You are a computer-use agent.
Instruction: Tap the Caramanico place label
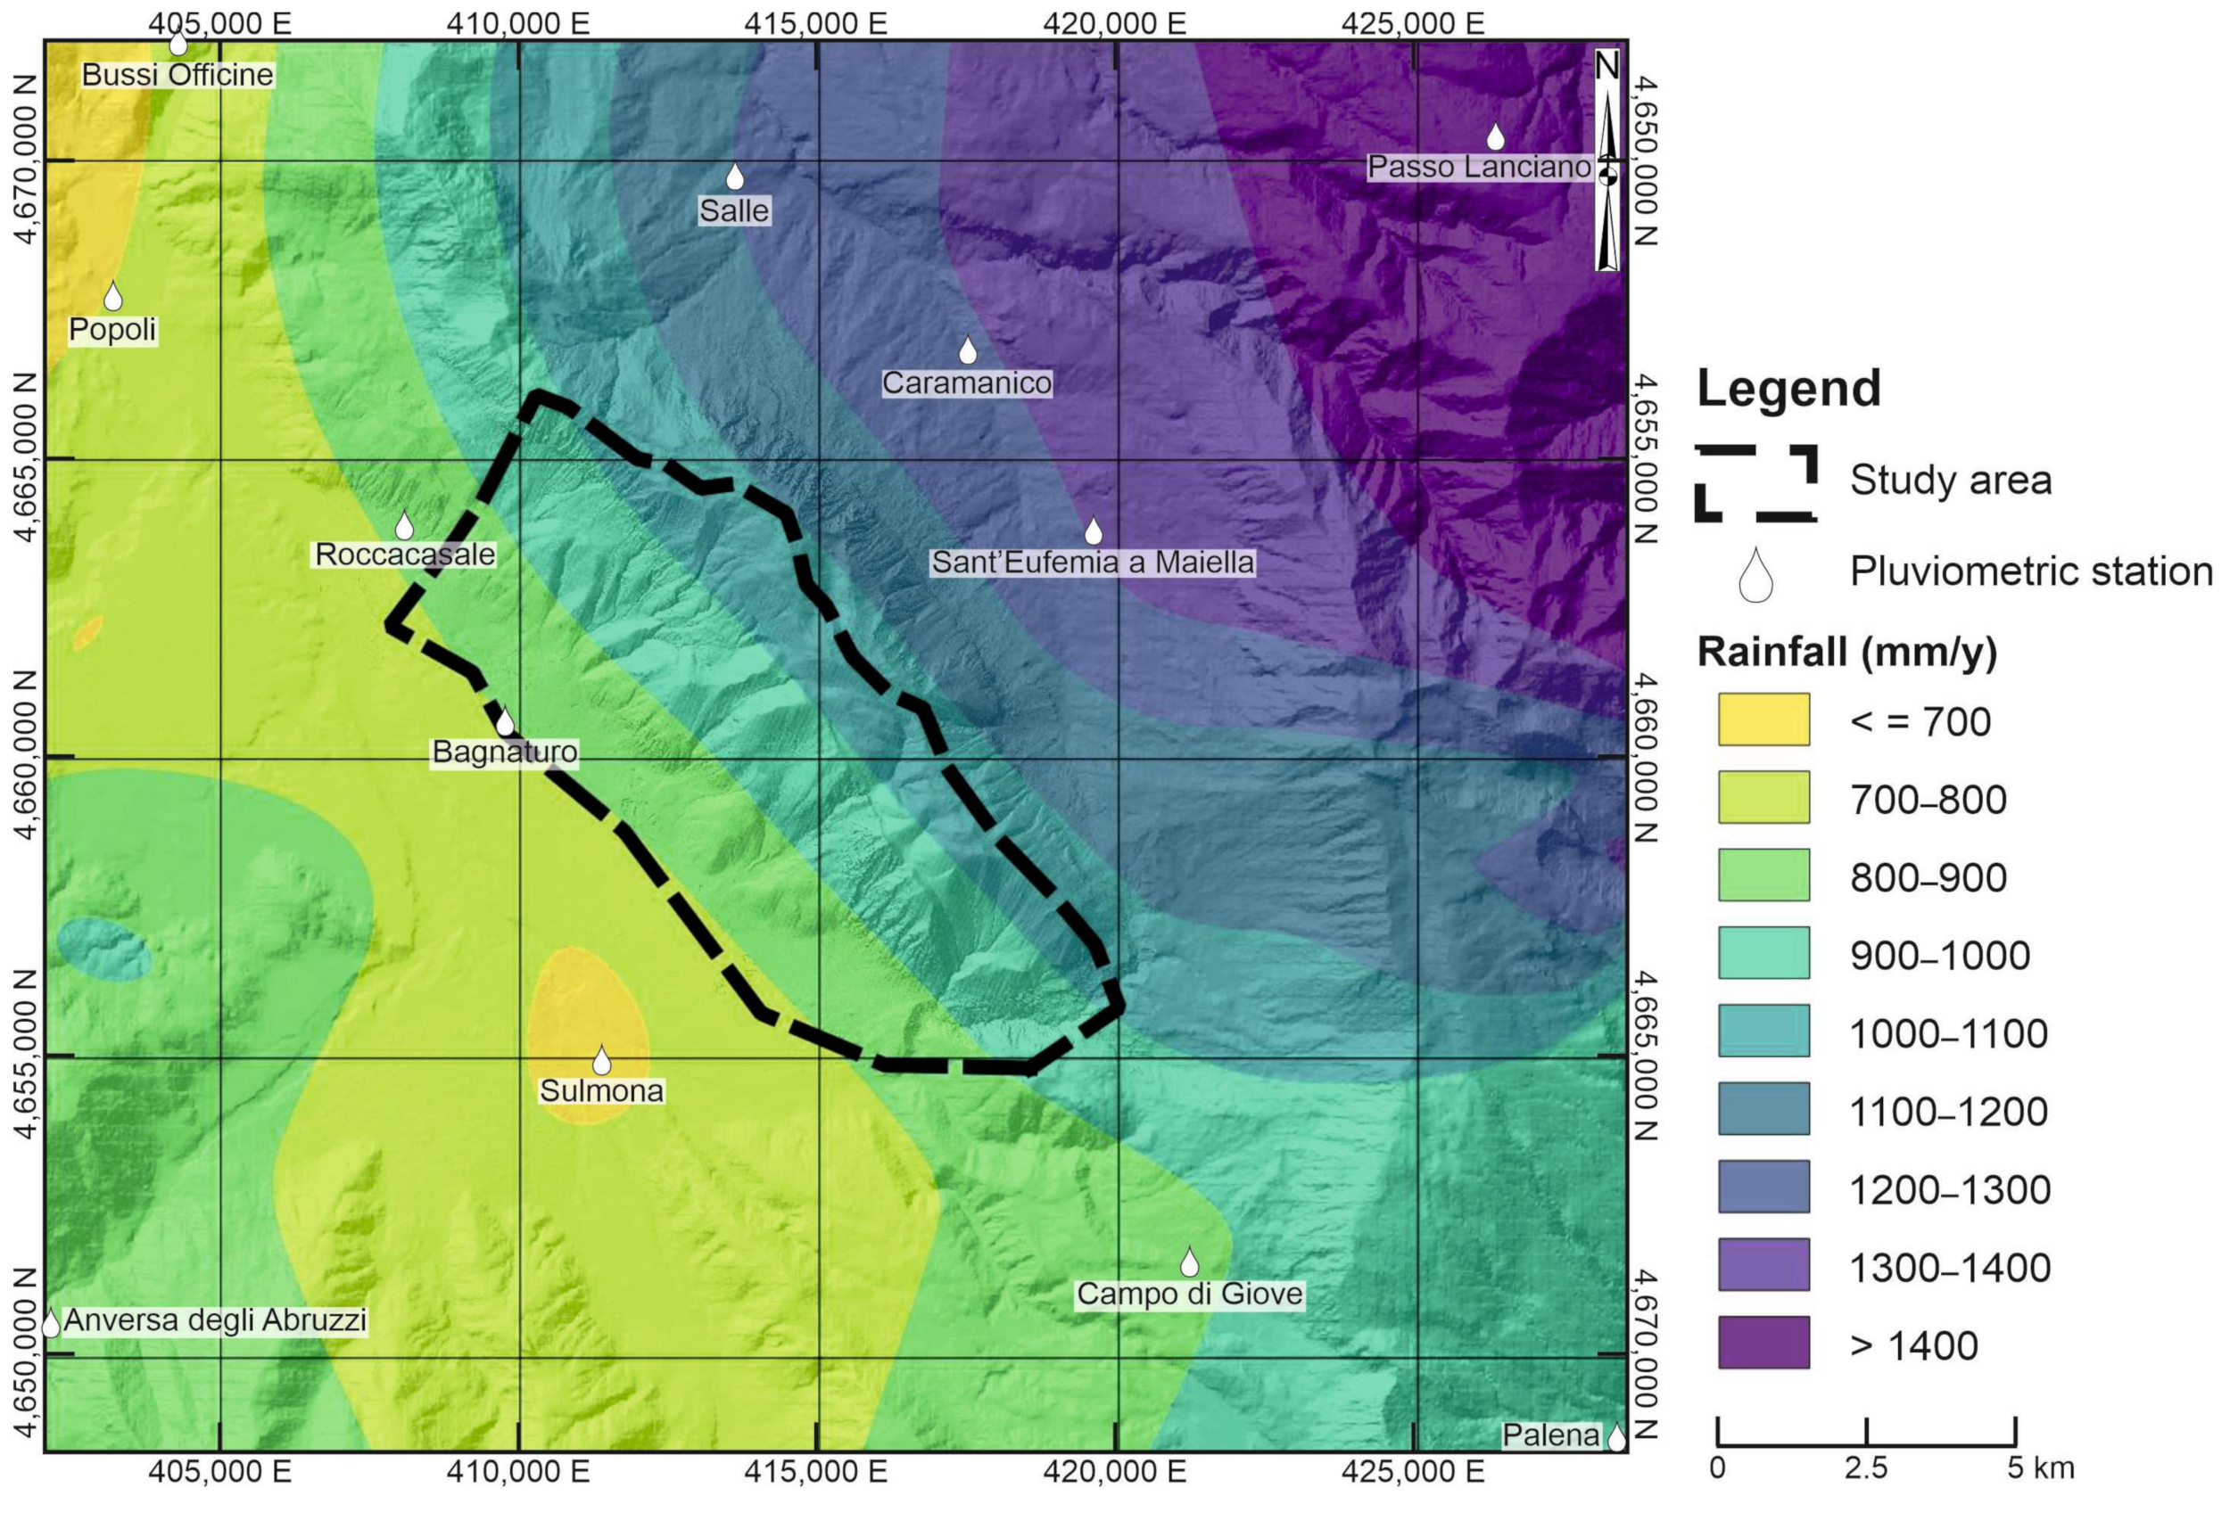966,383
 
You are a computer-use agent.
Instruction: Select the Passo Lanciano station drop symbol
1494,137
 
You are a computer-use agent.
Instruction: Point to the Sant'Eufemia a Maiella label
1093,563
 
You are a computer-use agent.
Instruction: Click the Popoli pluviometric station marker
112,298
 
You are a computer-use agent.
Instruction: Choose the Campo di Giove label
1189,1295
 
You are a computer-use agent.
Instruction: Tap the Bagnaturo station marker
504,721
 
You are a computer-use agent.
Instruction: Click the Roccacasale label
405,555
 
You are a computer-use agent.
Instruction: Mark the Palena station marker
1616,1437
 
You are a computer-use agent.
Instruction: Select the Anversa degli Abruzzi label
215,1320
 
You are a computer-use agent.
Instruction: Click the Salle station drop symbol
734,177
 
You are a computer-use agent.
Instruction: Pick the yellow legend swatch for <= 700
1763,719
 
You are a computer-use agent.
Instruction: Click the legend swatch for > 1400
1763,1343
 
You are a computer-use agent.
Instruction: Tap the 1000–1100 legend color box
1763,1031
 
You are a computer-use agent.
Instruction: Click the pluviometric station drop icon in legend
1755,576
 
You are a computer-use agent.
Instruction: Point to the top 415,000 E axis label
815,23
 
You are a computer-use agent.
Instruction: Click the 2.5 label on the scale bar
1865,1469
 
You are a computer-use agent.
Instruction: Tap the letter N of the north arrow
1606,67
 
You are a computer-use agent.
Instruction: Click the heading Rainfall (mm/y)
1846,652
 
